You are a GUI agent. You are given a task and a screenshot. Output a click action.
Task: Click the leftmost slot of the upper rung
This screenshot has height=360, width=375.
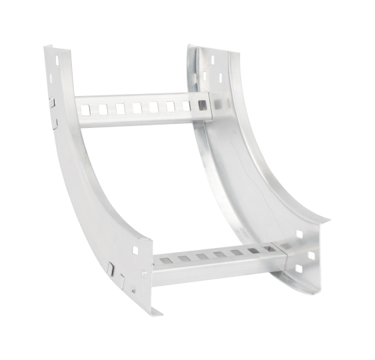point(85,107)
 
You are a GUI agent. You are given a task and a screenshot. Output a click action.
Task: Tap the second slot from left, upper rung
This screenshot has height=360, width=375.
point(103,107)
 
